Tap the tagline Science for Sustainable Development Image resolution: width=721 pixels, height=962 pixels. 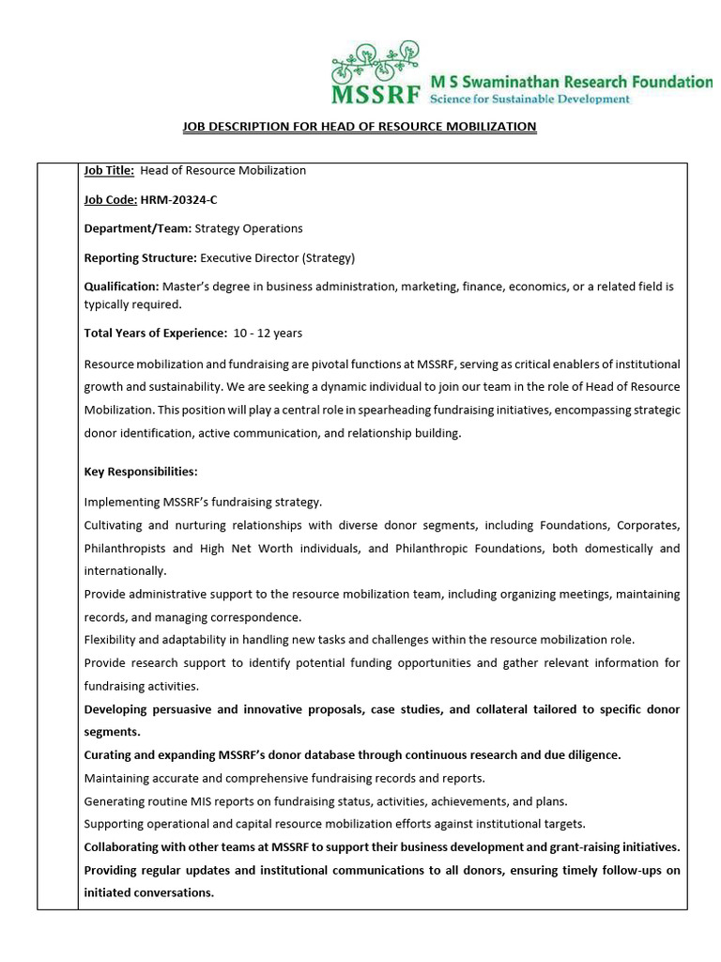(x=529, y=99)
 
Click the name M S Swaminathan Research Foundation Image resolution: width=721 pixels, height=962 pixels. (x=570, y=82)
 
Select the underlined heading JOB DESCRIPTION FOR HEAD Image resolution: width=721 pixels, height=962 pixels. (x=357, y=126)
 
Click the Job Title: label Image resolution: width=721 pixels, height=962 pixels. (x=109, y=170)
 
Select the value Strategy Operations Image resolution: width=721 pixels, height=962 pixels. (x=249, y=228)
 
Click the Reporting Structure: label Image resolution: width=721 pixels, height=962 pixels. (x=140, y=257)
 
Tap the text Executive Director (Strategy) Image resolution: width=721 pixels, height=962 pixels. (x=278, y=257)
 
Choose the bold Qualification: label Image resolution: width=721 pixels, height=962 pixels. (x=121, y=287)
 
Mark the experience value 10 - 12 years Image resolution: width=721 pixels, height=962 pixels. (x=268, y=333)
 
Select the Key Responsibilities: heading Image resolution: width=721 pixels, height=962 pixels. (x=141, y=471)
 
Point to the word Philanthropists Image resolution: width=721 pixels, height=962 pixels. (x=126, y=548)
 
